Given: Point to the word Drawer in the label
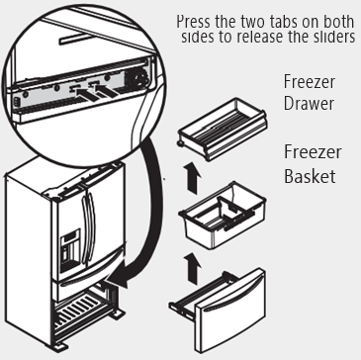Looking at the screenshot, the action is pos(309,103).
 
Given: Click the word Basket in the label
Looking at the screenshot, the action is pos(310,176).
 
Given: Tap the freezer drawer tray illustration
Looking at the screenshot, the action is pos(223,129).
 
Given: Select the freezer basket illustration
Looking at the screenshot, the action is pos(223,215).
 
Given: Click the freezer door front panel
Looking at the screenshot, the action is pos(230,310).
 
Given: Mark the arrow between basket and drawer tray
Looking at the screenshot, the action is pos(192,177).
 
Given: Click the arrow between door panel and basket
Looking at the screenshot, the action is pos(192,268).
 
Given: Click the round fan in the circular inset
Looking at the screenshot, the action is pos(135,78).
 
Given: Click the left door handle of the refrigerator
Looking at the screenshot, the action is pos(85,228).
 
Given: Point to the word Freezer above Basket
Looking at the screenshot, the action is pos(313,152).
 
